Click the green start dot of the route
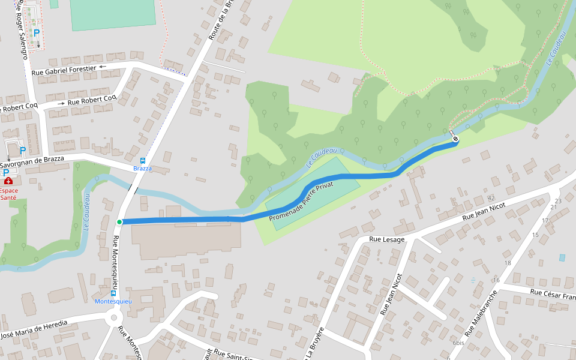[119, 222]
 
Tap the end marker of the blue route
[455, 140]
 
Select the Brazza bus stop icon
[143, 161]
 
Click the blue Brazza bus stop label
[143, 169]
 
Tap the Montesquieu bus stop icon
[113, 293]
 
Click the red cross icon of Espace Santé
[8, 181]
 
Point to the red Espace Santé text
[8, 194]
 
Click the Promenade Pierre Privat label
[301, 200]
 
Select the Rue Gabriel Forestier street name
[64, 70]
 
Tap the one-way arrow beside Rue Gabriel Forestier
[102, 67]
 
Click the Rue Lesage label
[387, 239]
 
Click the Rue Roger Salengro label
[23, 29]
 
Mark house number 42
[491, 198]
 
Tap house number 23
[558, 201]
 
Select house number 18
[508, 263]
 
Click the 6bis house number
[458, 343]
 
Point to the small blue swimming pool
[562, 257]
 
